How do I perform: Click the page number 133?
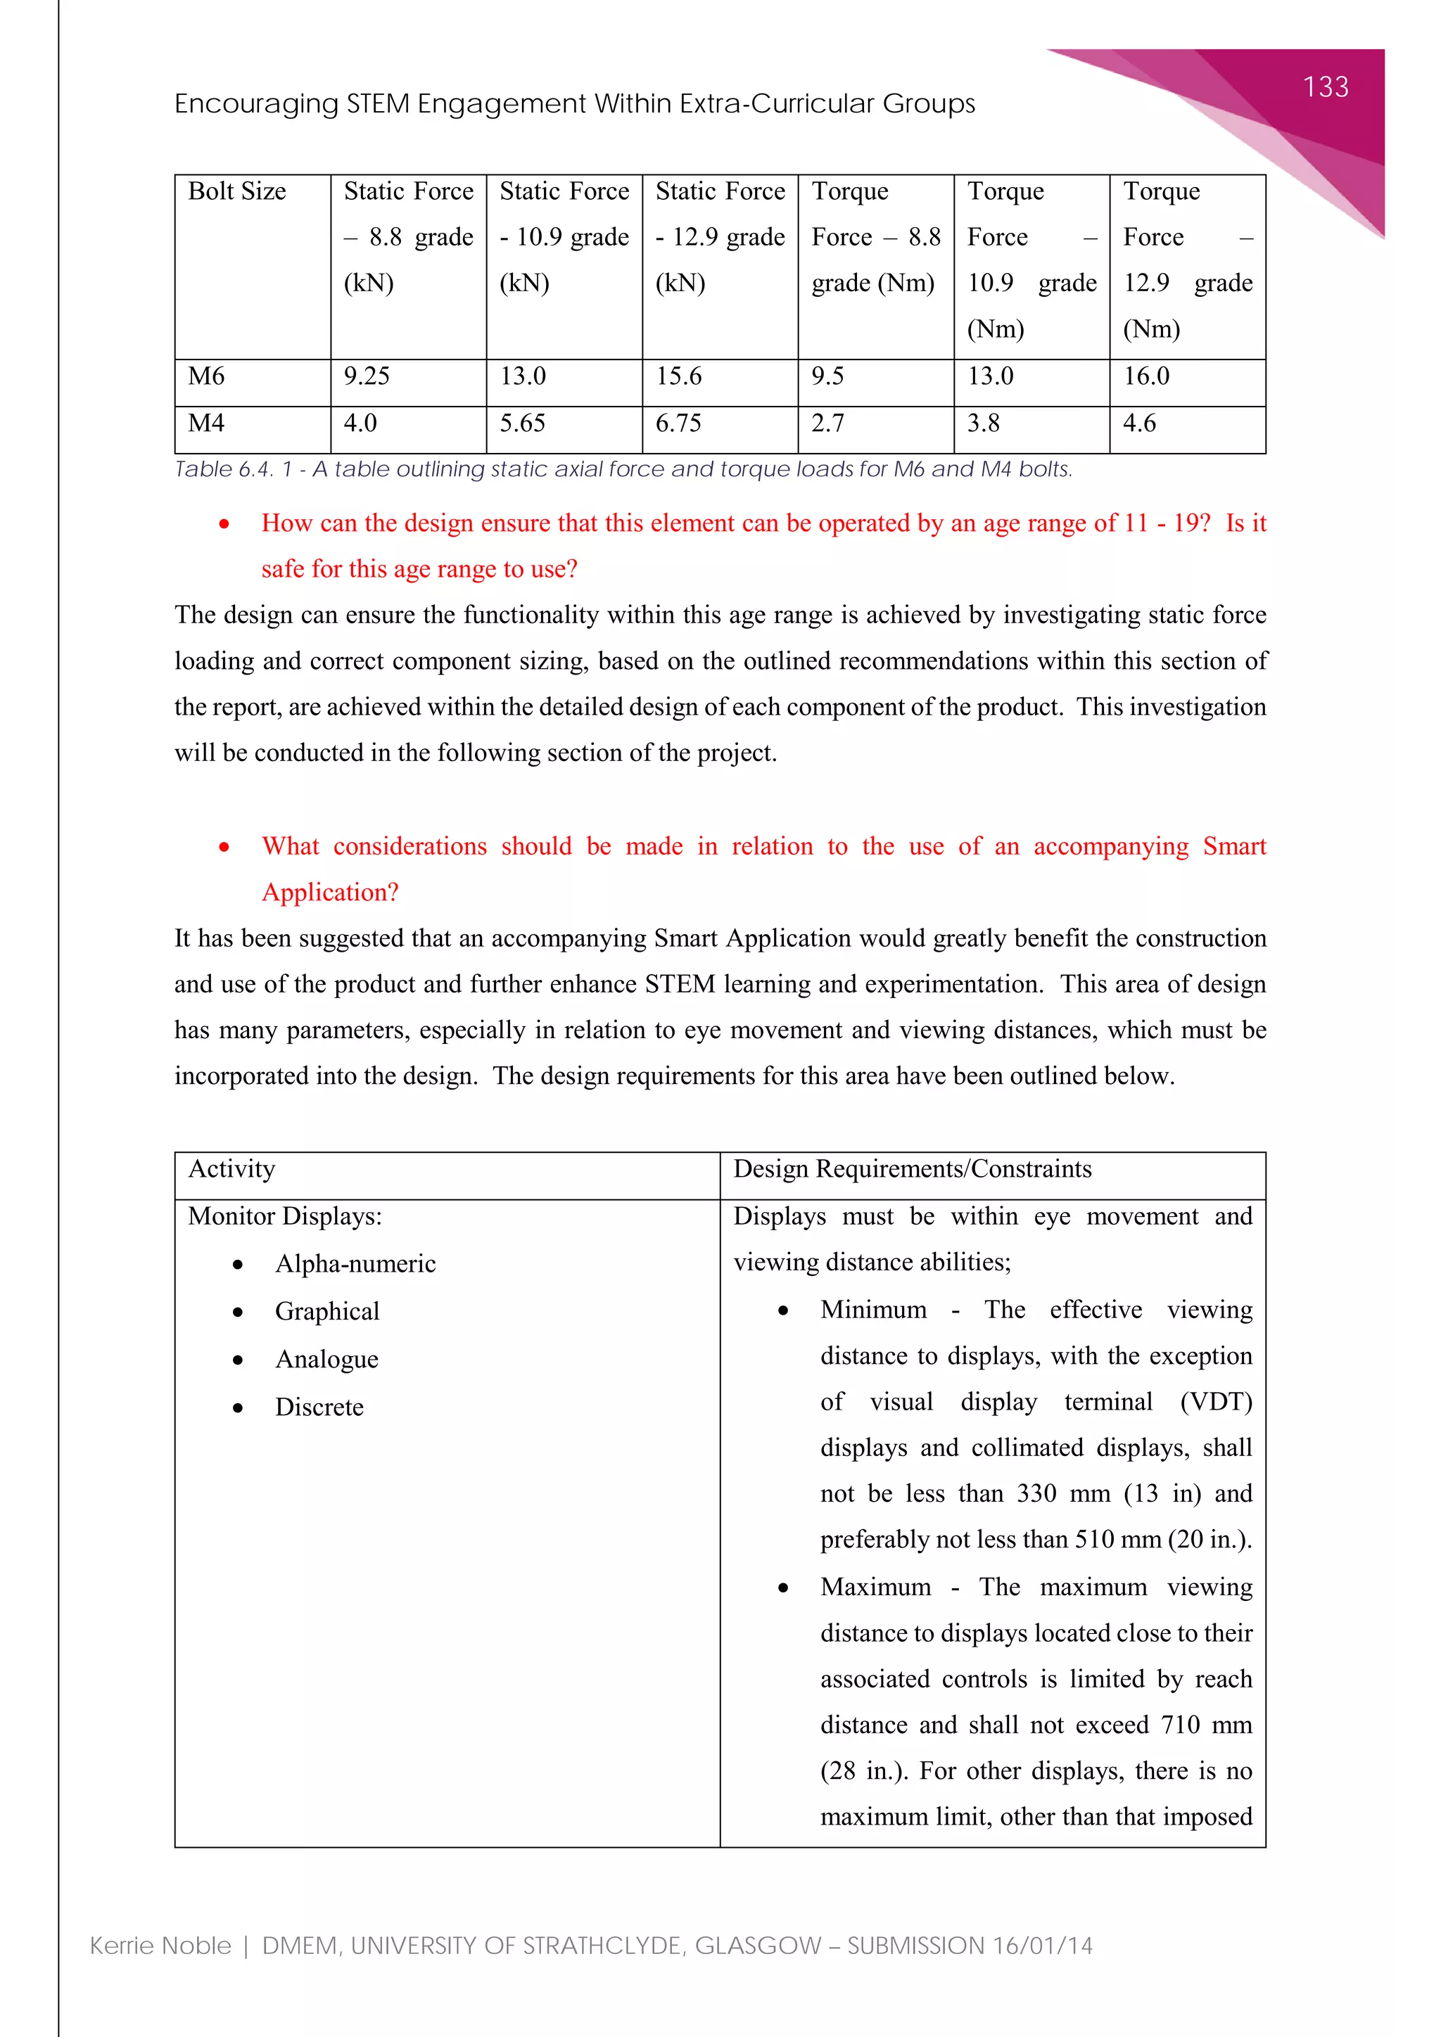pyautogui.click(x=1325, y=87)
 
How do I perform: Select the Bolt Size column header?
pyautogui.click(x=237, y=191)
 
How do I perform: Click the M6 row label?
pyautogui.click(x=207, y=376)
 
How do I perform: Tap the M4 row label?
pyautogui.click(x=207, y=423)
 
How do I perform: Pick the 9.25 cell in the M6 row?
pyautogui.click(x=367, y=376)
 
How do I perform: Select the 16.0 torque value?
pyautogui.click(x=1145, y=376)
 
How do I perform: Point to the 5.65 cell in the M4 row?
pyautogui.click(x=522, y=423)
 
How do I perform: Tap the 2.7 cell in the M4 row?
pyautogui.click(x=827, y=423)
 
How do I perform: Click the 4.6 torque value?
pyautogui.click(x=1139, y=423)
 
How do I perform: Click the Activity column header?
pyautogui.click(x=231, y=1169)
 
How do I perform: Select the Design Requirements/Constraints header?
pyautogui.click(x=912, y=1169)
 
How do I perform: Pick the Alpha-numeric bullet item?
pyautogui.click(x=355, y=1264)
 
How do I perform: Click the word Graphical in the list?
pyautogui.click(x=326, y=1312)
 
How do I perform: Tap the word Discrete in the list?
pyautogui.click(x=319, y=1408)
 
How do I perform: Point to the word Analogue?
pyautogui.click(x=326, y=1360)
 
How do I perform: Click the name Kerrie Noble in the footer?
pyautogui.click(x=160, y=1946)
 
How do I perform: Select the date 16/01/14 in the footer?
pyautogui.click(x=1043, y=1946)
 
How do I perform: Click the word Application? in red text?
pyautogui.click(x=330, y=893)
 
